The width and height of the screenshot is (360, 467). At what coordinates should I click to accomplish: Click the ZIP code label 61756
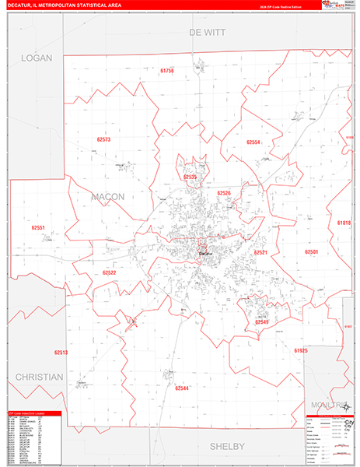[x=167, y=71]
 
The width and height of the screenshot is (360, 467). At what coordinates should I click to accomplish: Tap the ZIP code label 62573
[x=103, y=140]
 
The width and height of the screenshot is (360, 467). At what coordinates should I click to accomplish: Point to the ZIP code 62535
[x=190, y=177]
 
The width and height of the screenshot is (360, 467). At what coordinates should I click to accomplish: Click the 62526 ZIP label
[x=224, y=193]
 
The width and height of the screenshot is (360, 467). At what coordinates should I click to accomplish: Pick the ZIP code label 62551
[x=39, y=228]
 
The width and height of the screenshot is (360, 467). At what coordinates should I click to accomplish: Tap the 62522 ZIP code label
[x=109, y=273]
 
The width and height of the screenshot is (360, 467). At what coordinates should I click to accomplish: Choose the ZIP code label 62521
[x=260, y=253]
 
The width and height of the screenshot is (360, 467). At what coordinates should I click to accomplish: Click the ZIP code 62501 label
[x=312, y=252]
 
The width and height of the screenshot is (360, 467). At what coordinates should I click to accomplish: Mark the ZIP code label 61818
[x=344, y=223]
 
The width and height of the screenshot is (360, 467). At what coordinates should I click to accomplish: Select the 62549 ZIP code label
[x=262, y=321]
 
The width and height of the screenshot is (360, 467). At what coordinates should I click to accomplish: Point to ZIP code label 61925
[x=301, y=351]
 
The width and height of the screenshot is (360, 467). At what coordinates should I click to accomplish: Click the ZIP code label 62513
[x=61, y=352]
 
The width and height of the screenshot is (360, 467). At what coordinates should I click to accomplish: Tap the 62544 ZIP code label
[x=182, y=388]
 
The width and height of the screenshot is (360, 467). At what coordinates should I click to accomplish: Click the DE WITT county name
[x=205, y=33]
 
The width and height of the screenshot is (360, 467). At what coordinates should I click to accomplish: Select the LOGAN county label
[x=35, y=58]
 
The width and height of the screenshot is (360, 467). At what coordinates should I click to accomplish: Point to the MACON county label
[x=107, y=197]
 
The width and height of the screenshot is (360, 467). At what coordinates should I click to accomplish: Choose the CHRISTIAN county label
[x=38, y=377]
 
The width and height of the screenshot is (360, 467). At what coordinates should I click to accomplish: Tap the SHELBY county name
[x=227, y=446]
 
